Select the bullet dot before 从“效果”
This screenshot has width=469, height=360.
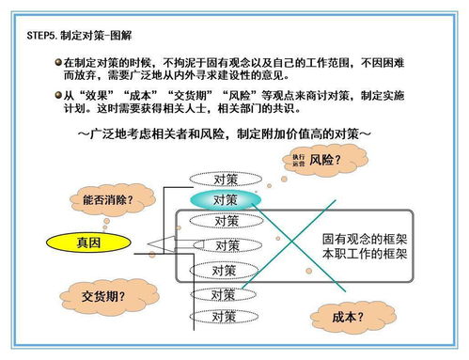coord(57,95)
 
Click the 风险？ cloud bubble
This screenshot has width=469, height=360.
coord(318,160)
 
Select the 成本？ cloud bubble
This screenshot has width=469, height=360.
coord(348,317)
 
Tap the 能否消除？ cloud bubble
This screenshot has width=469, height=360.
coord(106,200)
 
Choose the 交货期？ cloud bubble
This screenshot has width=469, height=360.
coord(103,296)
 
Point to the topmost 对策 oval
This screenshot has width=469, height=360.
coord(225,178)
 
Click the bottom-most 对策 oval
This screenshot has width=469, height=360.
coord(223,317)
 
